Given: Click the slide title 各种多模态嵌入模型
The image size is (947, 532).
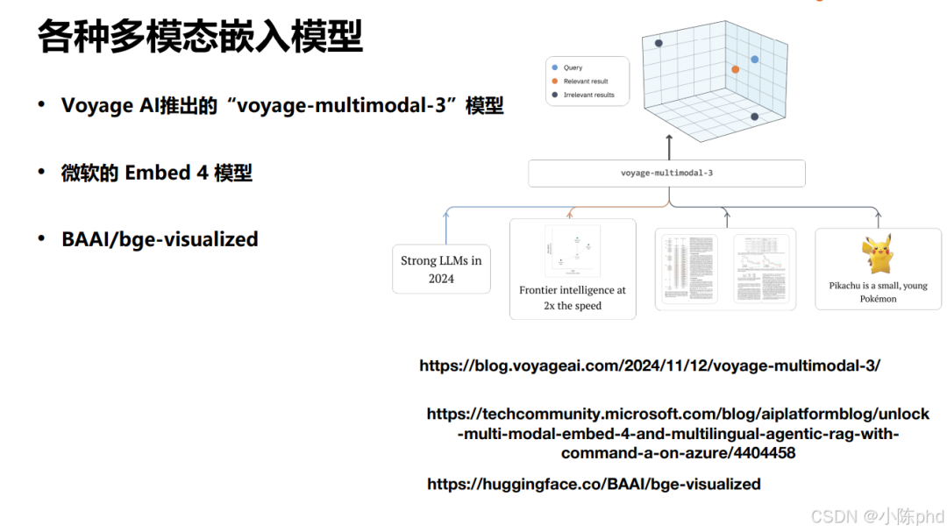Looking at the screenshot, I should click(200, 38).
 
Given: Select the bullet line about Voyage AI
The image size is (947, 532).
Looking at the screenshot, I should click(282, 106).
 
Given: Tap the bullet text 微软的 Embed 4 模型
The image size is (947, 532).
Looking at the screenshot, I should click(156, 173).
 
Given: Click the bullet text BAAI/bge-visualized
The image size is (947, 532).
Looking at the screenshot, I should click(160, 239).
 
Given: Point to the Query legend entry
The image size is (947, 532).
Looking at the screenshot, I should click(573, 67).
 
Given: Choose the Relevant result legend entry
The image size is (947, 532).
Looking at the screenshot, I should click(585, 81).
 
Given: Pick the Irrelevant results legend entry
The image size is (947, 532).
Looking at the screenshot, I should click(588, 95).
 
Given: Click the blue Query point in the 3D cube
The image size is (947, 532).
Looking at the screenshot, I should click(754, 60).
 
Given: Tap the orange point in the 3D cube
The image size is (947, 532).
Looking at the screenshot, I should click(735, 69).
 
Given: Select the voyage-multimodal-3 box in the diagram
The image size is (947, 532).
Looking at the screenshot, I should click(666, 174).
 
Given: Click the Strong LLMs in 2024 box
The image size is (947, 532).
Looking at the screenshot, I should click(441, 269).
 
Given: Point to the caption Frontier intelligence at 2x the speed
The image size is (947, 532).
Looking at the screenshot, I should click(573, 298).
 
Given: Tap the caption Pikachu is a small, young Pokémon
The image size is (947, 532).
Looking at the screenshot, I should click(878, 292).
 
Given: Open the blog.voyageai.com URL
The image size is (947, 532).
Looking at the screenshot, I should click(650, 365).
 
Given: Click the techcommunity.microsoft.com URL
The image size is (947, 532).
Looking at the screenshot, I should click(678, 433).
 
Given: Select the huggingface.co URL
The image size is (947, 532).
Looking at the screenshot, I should click(594, 484).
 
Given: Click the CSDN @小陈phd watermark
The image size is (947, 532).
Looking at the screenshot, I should click(877, 515).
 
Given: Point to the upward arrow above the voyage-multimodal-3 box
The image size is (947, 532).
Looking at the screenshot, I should click(668, 145).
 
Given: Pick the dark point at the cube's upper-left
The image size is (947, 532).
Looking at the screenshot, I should click(659, 43).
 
